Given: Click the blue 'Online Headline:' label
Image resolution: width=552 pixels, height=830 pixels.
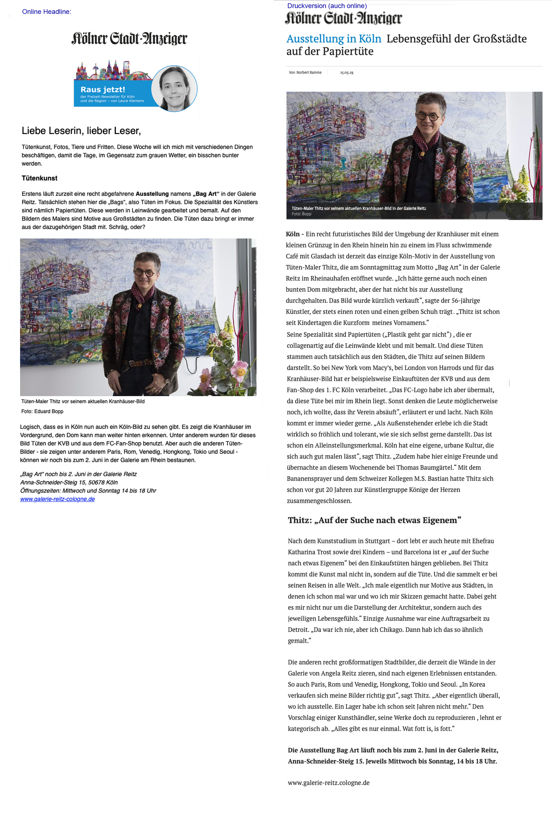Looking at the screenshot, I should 46,12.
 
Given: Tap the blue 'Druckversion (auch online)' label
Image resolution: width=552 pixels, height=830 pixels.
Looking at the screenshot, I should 327,6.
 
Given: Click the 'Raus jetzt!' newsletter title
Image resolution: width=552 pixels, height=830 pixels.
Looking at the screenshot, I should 102,89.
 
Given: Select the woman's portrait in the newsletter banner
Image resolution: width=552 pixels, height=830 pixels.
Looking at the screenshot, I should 174,88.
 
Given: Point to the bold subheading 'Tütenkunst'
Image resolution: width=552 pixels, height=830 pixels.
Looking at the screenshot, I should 40,178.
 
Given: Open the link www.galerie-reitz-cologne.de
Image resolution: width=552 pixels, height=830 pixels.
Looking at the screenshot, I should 57,499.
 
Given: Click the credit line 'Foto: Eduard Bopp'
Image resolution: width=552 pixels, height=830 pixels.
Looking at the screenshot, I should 42,411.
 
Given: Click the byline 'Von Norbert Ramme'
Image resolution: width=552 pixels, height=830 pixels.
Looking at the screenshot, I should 305,73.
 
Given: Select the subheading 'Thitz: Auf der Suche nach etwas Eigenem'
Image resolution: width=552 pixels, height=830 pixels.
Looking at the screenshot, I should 374,520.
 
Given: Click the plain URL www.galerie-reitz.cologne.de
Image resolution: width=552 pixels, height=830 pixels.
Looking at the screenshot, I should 329,782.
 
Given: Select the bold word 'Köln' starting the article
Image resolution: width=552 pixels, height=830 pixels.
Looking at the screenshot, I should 292,234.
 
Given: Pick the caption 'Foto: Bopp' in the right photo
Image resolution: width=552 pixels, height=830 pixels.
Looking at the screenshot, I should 301,214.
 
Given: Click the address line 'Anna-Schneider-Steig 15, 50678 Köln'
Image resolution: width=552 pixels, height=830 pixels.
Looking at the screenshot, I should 69,482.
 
